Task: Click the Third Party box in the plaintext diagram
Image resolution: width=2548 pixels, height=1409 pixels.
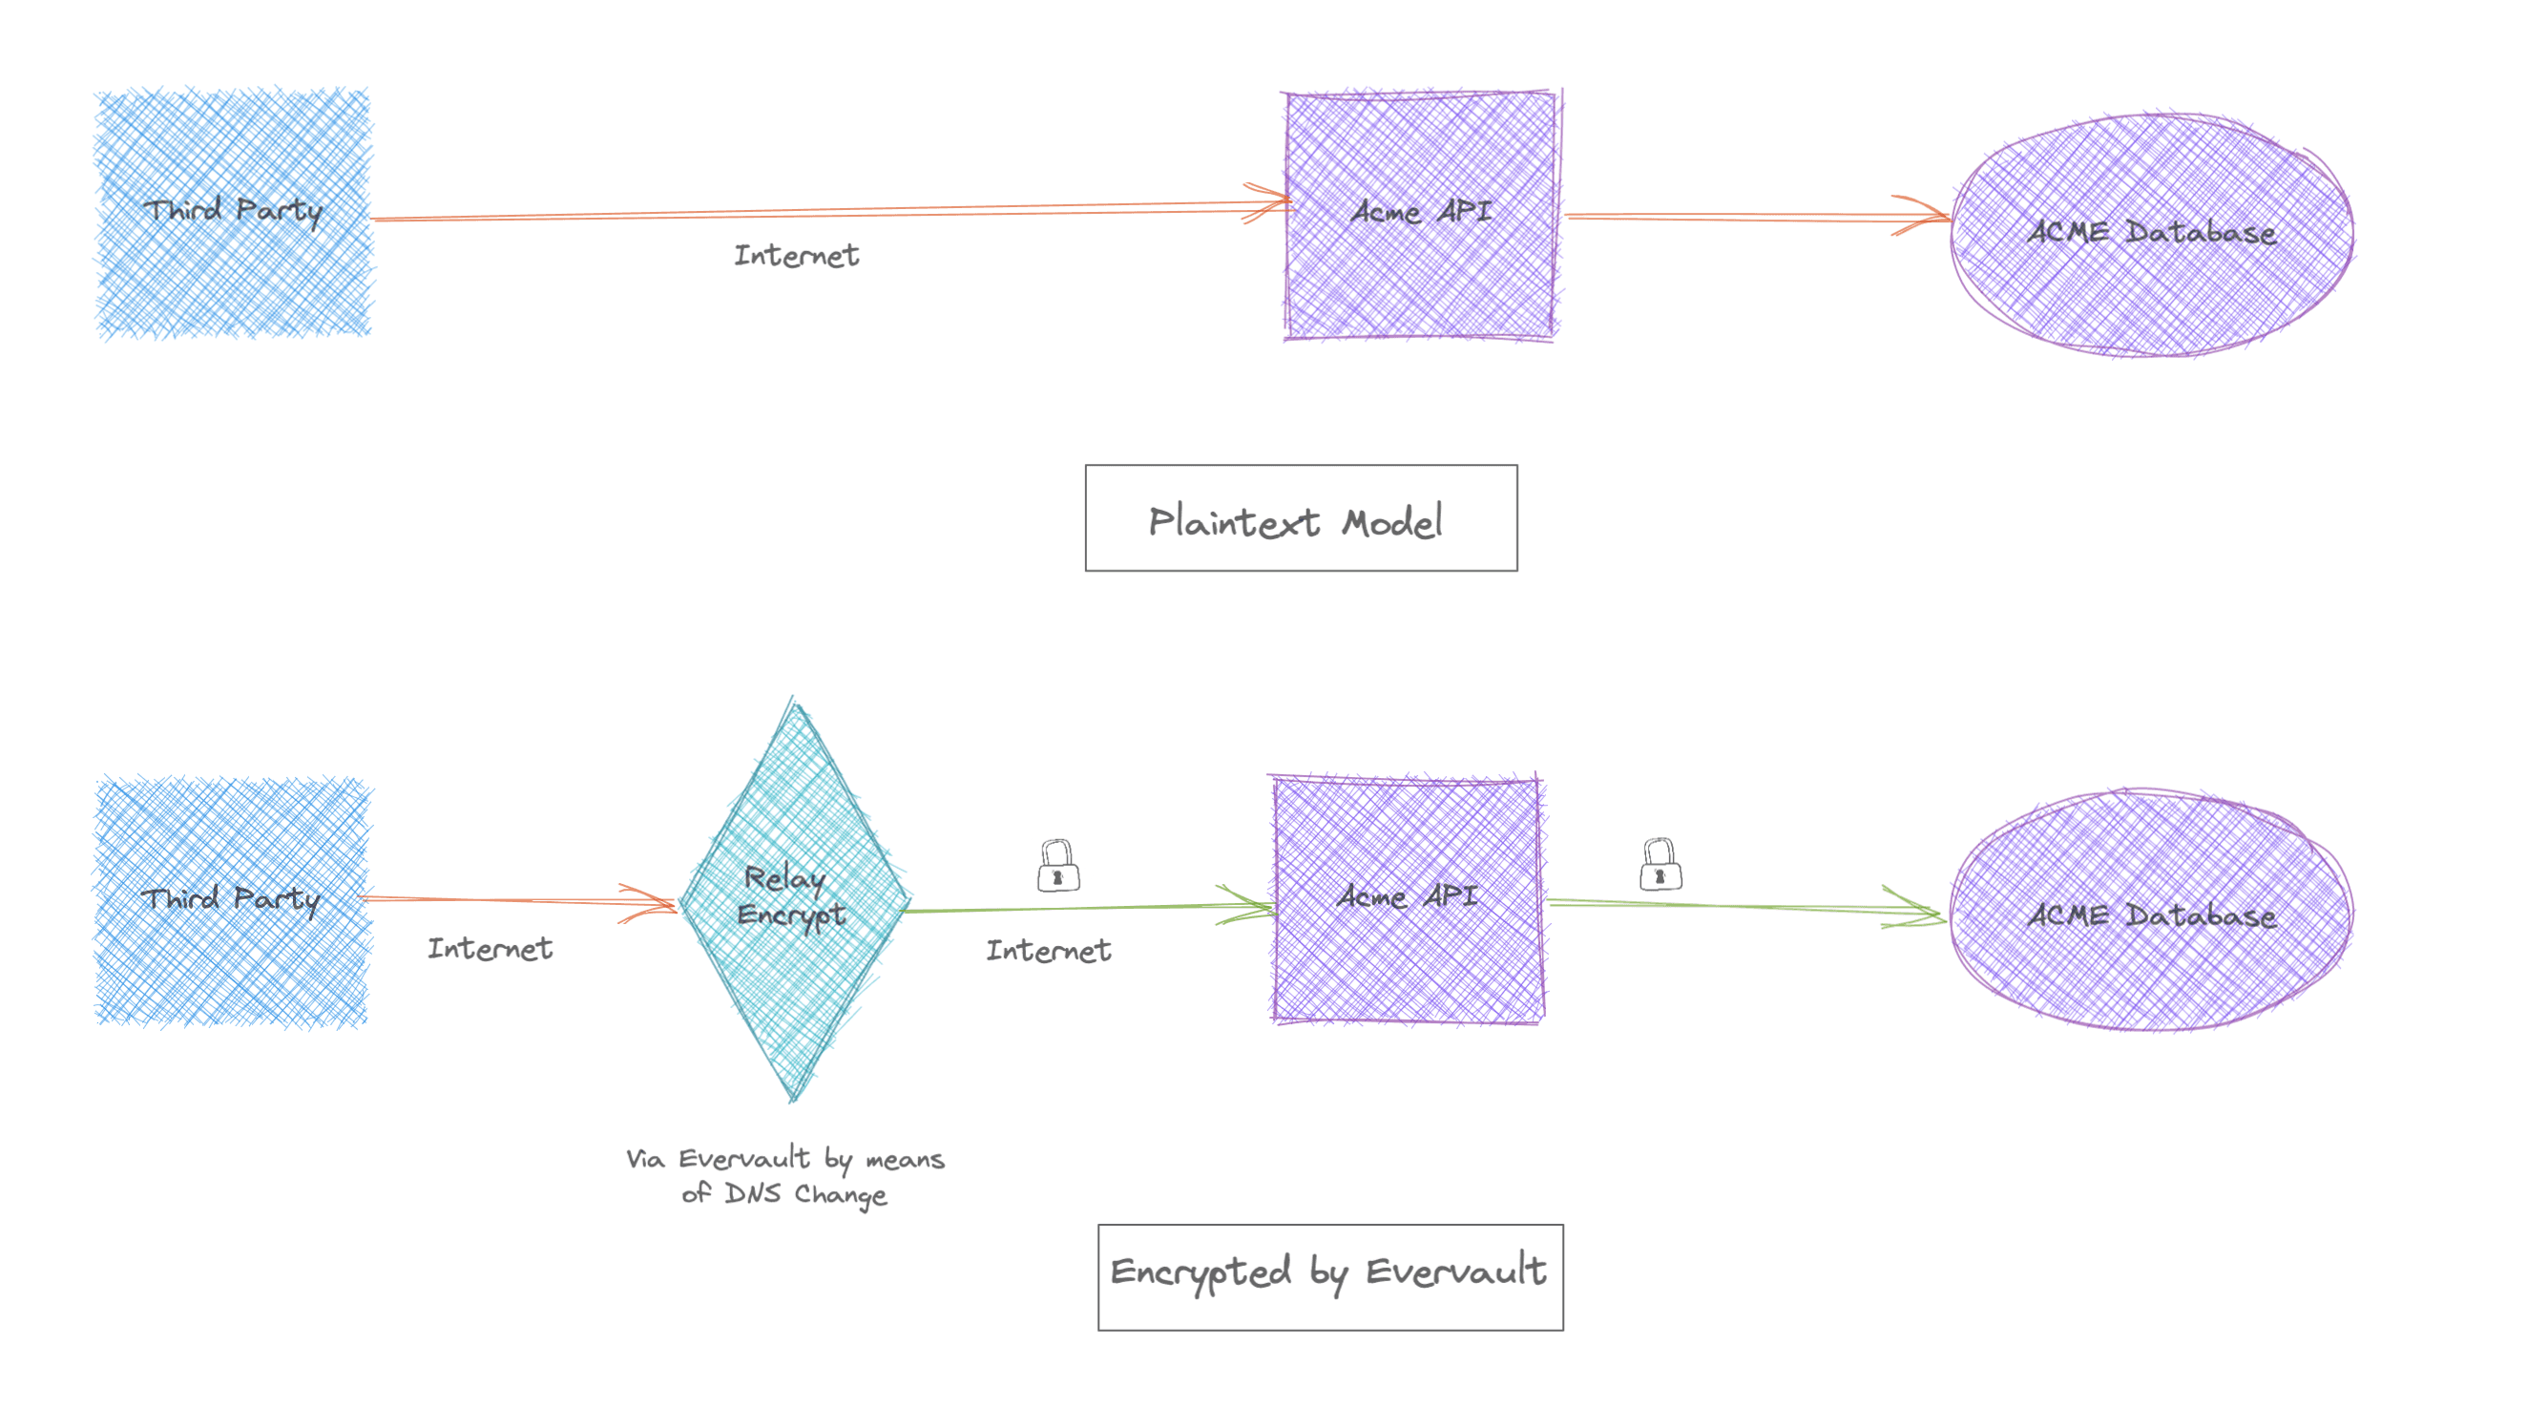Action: pyautogui.click(x=234, y=213)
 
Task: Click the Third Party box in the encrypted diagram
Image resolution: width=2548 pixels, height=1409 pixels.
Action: pyautogui.click(x=234, y=901)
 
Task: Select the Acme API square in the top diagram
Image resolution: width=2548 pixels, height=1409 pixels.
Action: pyautogui.click(x=1421, y=215)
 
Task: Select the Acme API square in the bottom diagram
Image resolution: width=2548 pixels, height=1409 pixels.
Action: pyautogui.click(x=1408, y=898)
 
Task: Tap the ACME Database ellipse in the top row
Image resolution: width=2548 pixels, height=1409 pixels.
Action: pyautogui.click(x=2151, y=235)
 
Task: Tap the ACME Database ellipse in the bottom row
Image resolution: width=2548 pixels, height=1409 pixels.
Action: pyautogui.click(x=2151, y=911)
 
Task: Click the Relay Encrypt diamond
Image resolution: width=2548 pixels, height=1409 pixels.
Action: pyautogui.click(x=794, y=898)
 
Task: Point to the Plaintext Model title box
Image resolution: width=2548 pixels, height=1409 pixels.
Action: pyautogui.click(x=1301, y=517)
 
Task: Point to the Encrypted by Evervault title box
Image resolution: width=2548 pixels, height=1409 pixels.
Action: pyautogui.click(x=1330, y=1277)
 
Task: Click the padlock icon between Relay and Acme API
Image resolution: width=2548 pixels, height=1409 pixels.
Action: pyautogui.click(x=1057, y=866)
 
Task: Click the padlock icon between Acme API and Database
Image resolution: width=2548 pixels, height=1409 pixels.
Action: pyautogui.click(x=1660, y=864)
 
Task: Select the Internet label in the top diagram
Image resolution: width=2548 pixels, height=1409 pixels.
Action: pyautogui.click(x=796, y=255)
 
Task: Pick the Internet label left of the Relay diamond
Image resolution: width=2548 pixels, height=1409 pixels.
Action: pyautogui.click(x=490, y=948)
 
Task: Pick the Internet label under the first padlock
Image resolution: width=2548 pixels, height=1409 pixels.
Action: pyautogui.click(x=1049, y=950)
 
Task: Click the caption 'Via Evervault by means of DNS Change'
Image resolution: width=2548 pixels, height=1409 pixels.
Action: pyautogui.click(x=785, y=1177)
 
